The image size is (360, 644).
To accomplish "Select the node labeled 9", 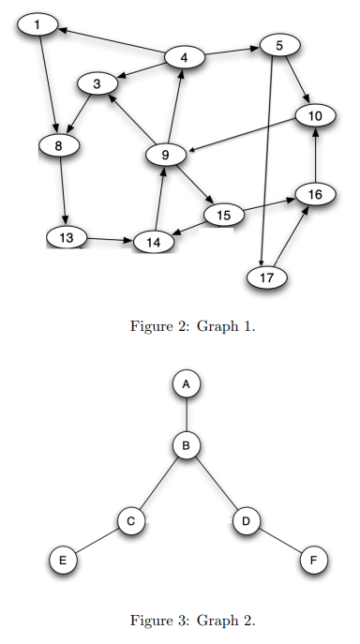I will coord(165,156).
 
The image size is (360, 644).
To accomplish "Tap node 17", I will coord(266,277).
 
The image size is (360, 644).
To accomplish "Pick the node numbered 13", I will coord(66,238).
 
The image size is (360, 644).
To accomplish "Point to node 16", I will coord(315,194).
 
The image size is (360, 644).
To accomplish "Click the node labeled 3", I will coord(97,84).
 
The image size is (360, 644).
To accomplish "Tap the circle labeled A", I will coord(187,384).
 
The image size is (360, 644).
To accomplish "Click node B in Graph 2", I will coord(187,446).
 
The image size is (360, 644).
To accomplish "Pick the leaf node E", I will coord(63,561).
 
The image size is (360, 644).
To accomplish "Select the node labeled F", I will coord(313,561).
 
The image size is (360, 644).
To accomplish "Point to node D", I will coord(246,520).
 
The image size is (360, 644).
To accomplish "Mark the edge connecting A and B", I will coord(187,415).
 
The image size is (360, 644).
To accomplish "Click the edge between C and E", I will coord(97,541).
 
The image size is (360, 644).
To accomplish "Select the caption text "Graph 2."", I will coord(231,620).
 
